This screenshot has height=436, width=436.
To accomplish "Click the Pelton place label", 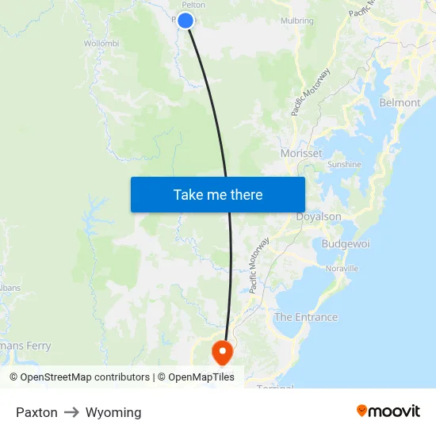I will (x=193, y=5).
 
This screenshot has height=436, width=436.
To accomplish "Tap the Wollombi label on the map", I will (x=101, y=43).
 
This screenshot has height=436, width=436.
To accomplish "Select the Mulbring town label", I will (x=296, y=21).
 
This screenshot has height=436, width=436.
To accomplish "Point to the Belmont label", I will (x=400, y=103).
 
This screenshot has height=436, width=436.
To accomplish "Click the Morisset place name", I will (x=301, y=153).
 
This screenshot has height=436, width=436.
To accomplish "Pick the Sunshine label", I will (x=344, y=165).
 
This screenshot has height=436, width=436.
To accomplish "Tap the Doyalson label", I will (x=319, y=216).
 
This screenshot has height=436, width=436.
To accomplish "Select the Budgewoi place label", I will (x=346, y=244).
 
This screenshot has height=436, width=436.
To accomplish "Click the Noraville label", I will (x=342, y=268).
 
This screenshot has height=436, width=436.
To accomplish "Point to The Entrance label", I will (x=306, y=317).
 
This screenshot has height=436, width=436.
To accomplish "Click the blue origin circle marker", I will (x=185, y=21).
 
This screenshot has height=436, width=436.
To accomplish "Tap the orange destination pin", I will (x=221, y=350).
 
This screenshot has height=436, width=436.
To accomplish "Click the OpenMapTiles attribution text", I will (x=201, y=377).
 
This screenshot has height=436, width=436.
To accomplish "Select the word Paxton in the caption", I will (x=36, y=412).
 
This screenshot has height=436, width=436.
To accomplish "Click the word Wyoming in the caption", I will (x=113, y=412).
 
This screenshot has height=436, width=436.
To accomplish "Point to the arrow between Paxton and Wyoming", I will (x=71, y=412).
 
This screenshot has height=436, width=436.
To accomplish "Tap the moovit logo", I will (x=388, y=411).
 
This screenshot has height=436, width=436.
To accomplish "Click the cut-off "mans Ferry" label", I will (x=25, y=346).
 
